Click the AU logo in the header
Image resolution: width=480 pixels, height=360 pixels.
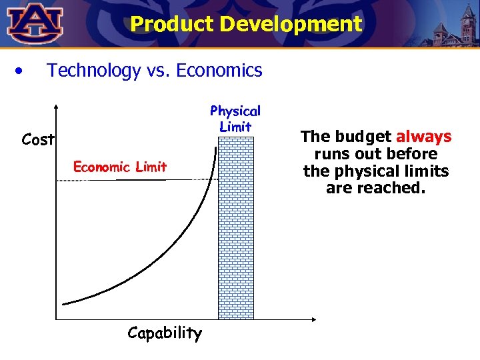tap(35, 22)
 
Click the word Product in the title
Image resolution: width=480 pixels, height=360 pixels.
tap(172, 25)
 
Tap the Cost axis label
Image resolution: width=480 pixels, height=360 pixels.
tap(37, 140)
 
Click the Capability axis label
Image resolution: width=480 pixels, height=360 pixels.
tap(164, 333)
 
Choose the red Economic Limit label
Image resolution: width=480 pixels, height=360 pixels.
tap(120, 167)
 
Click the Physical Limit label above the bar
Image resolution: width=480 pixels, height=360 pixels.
tap(235, 119)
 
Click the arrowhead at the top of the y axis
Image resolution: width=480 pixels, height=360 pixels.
tap(57, 107)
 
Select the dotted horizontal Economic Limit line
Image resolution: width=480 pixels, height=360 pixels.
tap(133, 179)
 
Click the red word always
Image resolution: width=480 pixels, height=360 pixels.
tap(423, 137)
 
